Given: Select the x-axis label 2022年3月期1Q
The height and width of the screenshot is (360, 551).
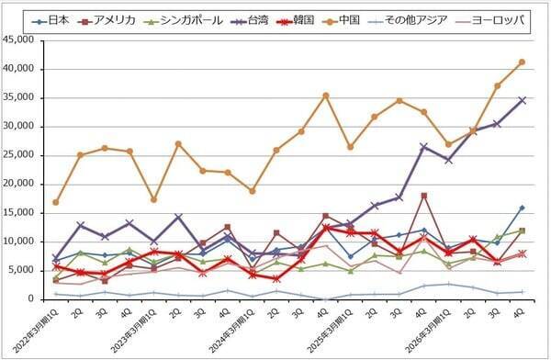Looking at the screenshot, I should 35,331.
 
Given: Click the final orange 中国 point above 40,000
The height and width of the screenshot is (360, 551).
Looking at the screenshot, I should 523,62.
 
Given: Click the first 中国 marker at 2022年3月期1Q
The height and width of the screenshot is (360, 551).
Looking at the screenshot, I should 56,202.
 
